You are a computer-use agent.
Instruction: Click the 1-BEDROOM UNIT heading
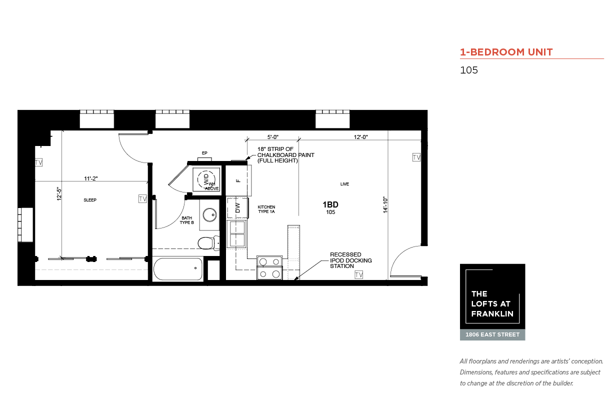pyautogui.click(x=506, y=52)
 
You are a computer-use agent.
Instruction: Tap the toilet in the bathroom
pyautogui.click(x=209, y=243)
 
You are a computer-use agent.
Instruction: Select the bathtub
pyautogui.click(x=178, y=269)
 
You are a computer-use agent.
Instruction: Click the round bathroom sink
pyautogui.click(x=209, y=214)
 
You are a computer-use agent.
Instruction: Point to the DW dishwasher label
pyautogui.click(x=237, y=208)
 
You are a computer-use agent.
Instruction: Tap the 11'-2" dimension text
pyautogui.click(x=90, y=178)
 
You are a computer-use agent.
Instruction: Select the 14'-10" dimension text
pyautogui.click(x=385, y=205)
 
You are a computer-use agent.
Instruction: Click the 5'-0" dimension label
pyautogui.click(x=272, y=137)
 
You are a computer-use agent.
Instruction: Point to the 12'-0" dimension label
pyautogui.click(x=360, y=137)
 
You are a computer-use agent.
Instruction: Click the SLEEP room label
pyautogui.click(x=90, y=200)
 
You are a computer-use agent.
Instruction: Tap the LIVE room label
pyautogui.click(x=344, y=184)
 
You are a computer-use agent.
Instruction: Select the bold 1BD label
pyautogui.click(x=330, y=204)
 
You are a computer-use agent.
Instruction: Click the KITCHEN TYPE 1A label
pyautogui.click(x=266, y=209)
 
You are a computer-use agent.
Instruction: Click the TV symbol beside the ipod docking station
pyautogui.click(x=359, y=274)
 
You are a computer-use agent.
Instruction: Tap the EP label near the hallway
pyautogui.click(x=204, y=153)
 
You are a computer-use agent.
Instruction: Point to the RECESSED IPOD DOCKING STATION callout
pyautogui.click(x=351, y=260)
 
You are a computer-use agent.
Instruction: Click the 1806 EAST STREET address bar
pyautogui.click(x=492, y=334)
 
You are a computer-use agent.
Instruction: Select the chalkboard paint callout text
pyautogui.click(x=285, y=155)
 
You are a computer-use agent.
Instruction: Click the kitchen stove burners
pyautogui.click(x=269, y=268)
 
